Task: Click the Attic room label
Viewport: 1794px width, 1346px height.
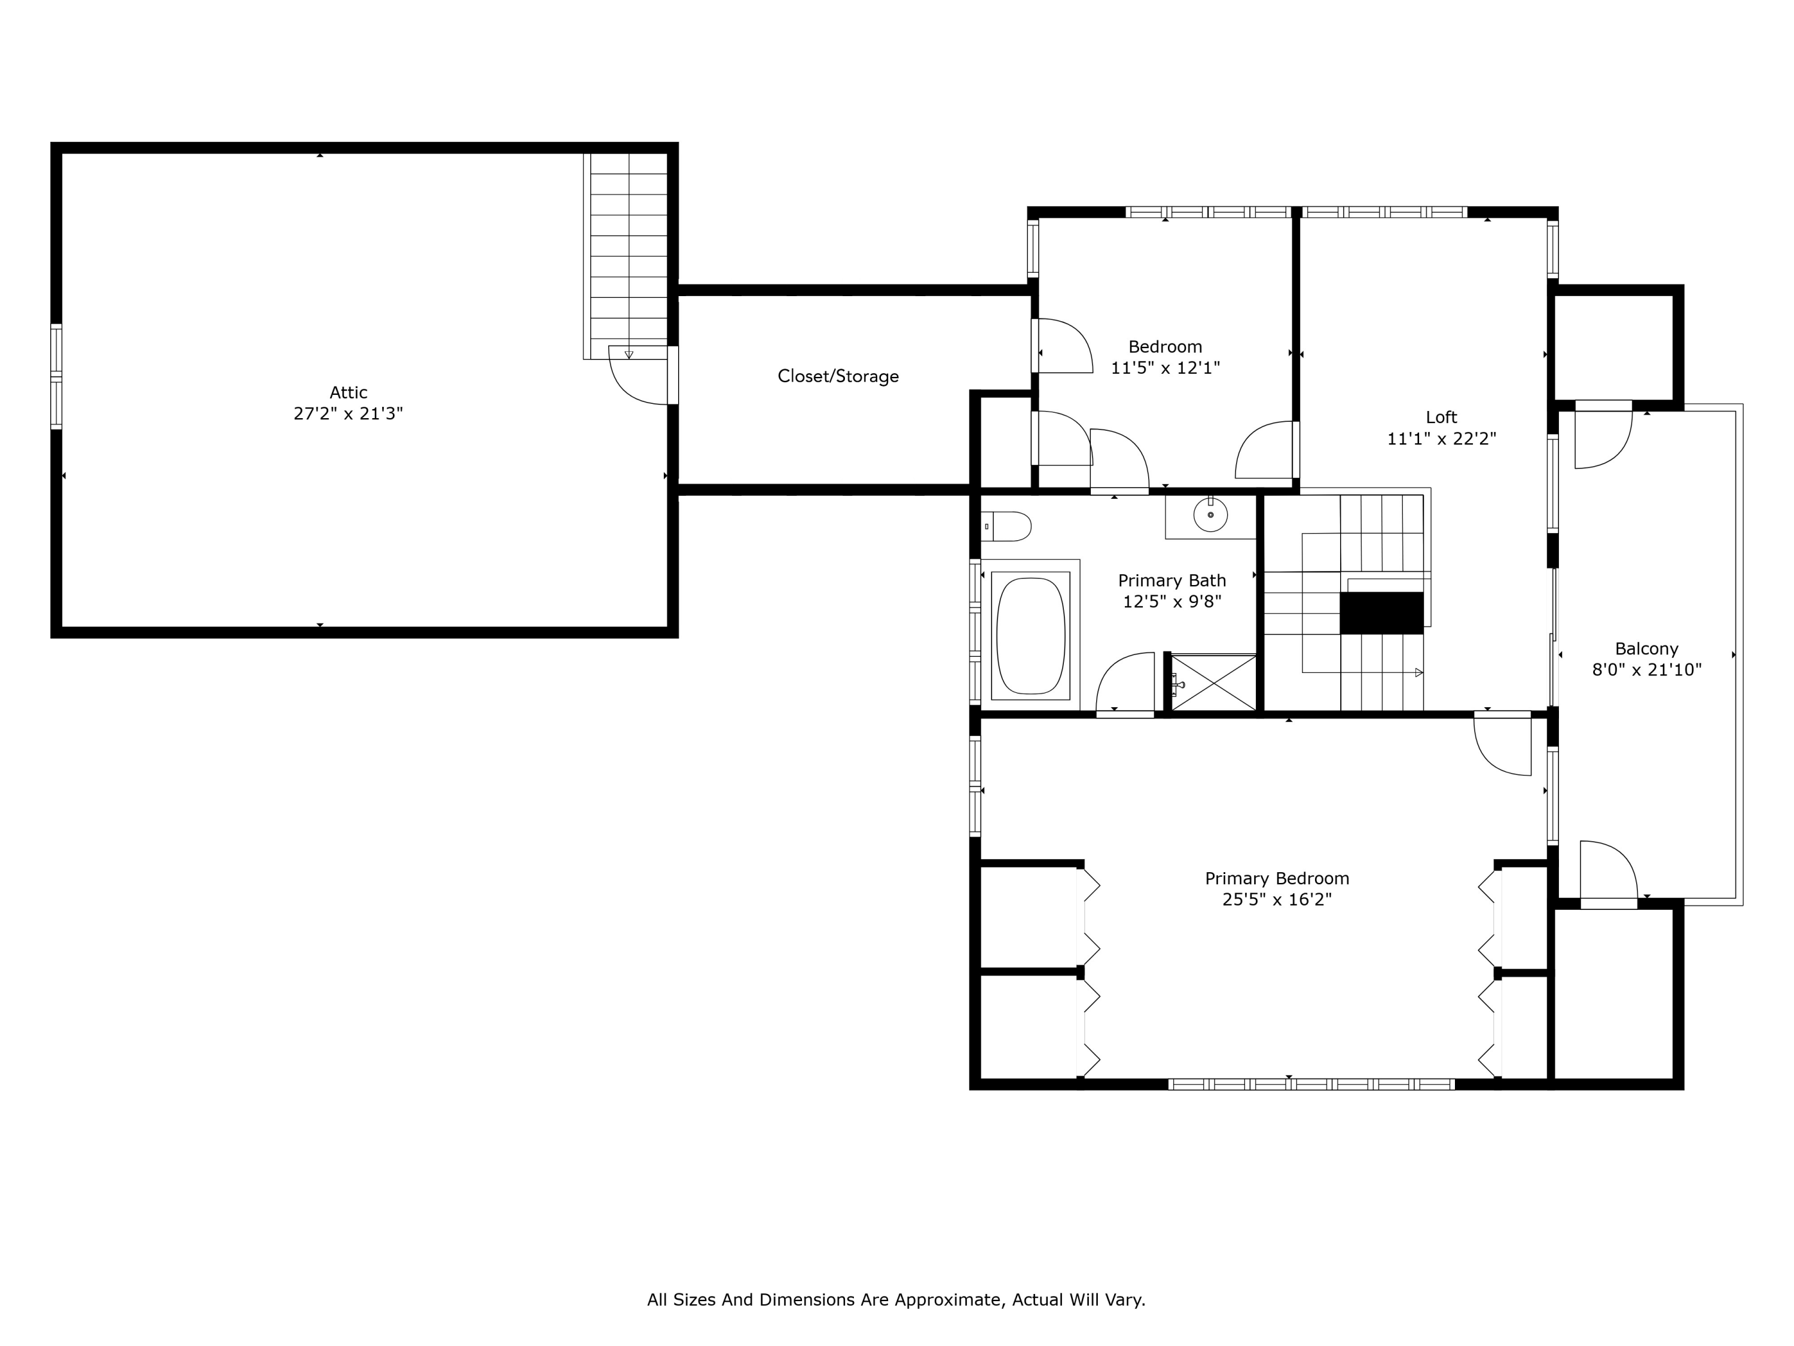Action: click(348, 392)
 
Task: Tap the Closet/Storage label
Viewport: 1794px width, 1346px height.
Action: click(838, 376)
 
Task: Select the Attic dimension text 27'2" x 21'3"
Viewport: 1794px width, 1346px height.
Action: click(348, 414)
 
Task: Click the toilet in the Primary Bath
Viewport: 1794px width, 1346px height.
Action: click(1006, 526)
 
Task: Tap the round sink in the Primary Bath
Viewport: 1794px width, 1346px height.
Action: click(1210, 514)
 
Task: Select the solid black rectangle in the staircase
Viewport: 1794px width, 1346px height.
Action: click(1381, 613)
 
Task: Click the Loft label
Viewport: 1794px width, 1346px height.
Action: click(1441, 417)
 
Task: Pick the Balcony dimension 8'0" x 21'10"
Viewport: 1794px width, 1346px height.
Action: click(1646, 670)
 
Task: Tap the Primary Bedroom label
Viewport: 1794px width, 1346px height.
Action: click(1277, 879)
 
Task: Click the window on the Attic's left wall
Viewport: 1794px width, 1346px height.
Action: click(56, 376)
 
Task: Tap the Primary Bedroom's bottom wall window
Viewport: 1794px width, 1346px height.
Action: click(1311, 1084)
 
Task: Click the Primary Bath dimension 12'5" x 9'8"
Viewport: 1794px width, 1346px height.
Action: click(1172, 602)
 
